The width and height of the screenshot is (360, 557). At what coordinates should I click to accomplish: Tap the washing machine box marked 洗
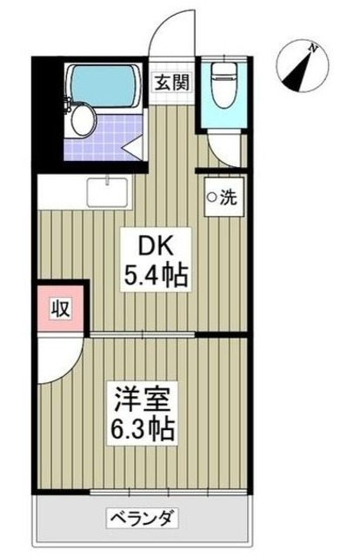click(221, 198)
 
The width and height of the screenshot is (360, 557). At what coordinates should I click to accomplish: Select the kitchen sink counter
click(108, 191)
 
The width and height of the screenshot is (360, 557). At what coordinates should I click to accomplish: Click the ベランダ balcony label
click(143, 520)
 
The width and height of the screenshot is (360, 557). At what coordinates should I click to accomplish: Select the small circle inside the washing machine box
click(210, 198)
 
